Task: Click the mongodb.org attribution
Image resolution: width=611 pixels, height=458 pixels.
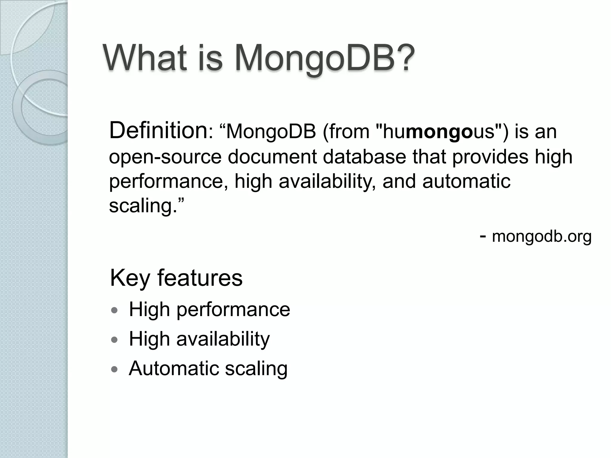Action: click(541, 236)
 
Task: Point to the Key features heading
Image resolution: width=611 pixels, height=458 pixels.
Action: click(176, 278)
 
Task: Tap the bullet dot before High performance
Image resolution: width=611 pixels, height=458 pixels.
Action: click(114, 310)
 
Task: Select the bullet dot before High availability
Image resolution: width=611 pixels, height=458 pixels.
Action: click(114, 340)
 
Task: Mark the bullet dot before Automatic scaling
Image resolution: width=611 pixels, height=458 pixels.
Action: click(114, 369)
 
